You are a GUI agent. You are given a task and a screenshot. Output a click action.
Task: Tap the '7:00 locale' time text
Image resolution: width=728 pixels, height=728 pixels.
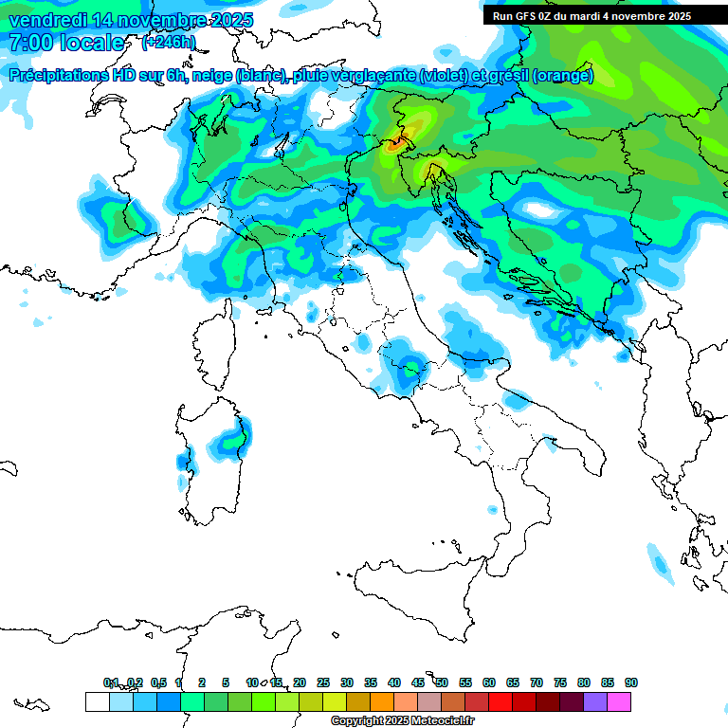(66, 43)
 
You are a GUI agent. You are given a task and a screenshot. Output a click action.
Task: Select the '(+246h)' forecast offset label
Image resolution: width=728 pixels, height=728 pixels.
(169, 42)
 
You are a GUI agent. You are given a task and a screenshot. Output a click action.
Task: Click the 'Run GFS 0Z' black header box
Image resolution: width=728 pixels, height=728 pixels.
(591, 16)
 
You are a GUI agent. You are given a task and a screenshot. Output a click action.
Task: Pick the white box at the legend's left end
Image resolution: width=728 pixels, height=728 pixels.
(97, 702)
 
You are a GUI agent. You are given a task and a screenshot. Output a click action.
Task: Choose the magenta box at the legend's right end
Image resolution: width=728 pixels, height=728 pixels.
(619, 702)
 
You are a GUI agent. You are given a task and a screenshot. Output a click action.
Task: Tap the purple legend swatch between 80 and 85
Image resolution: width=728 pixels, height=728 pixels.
(595, 702)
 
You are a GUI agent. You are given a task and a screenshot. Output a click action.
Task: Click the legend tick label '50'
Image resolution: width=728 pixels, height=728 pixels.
(442, 682)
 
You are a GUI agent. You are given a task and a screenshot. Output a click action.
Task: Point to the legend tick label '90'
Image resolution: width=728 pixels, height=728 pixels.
(631, 682)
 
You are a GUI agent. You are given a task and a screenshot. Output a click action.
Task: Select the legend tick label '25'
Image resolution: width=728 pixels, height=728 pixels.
(323, 682)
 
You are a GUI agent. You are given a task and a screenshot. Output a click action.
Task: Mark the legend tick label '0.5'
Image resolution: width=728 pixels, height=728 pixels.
(158, 682)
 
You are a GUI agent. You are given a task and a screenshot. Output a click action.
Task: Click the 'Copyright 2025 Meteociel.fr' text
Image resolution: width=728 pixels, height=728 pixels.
(403, 721)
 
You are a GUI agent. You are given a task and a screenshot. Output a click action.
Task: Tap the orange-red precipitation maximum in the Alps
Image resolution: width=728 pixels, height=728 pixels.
(395, 143)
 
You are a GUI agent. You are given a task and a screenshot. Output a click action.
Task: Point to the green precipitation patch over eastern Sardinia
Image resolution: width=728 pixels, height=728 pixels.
(230, 441)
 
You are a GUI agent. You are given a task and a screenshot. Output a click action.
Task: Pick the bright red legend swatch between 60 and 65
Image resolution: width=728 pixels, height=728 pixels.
(500, 702)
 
